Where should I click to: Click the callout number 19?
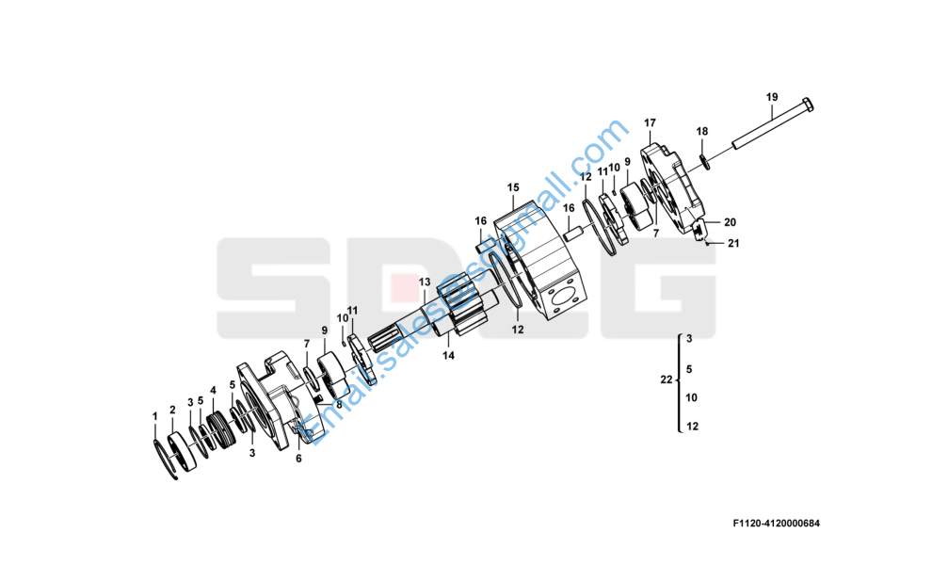[771, 97]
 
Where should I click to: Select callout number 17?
[650, 123]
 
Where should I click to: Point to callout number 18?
[701, 131]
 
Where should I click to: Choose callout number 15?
[513, 187]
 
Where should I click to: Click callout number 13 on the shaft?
[424, 282]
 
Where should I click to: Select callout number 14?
[449, 356]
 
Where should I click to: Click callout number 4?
[213, 390]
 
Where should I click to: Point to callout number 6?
[298, 459]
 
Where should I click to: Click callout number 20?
[730, 222]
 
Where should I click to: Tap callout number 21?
[734, 244]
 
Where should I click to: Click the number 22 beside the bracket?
[666, 379]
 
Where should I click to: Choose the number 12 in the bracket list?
[692, 427]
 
